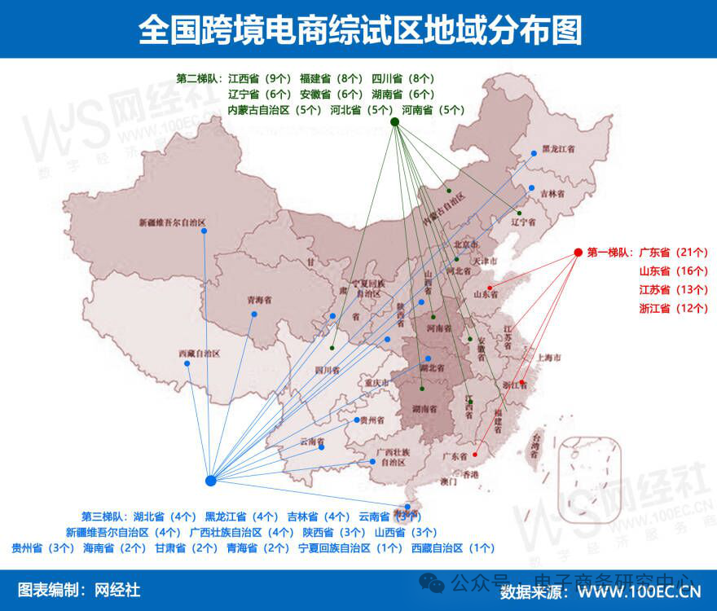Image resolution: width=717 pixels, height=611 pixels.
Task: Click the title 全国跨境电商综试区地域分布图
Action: pyautogui.click(x=359, y=30)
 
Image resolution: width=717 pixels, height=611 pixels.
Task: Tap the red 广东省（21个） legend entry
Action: pyautogui.click(x=674, y=253)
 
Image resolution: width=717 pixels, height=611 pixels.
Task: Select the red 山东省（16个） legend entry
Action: pyautogui.click(x=674, y=271)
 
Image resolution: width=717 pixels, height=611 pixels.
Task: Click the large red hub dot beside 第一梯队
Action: pyautogui.click(x=578, y=253)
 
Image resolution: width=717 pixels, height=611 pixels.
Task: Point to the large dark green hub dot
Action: pyautogui.click(x=394, y=122)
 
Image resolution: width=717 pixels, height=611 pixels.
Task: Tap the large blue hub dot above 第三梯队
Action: pyautogui.click(x=210, y=481)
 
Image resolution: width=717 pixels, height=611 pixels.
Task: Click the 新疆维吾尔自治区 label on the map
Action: pyautogui.click(x=172, y=222)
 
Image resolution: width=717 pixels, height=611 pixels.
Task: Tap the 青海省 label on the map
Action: pyautogui.click(x=259, y=301)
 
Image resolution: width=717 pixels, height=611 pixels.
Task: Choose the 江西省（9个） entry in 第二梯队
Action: pyautogui.click(x=260, y=79)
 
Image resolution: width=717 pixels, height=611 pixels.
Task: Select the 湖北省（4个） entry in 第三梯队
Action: pyautogui.click(x=165, y=516)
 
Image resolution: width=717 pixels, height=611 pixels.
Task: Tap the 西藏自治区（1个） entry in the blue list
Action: pyautogui.click(x=453, y=548)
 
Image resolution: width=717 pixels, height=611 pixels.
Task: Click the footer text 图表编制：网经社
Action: pyautogui.click(x=79, y=589)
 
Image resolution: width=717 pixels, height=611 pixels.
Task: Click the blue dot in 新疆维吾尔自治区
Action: pyautogui.click(x=204, y=231)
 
